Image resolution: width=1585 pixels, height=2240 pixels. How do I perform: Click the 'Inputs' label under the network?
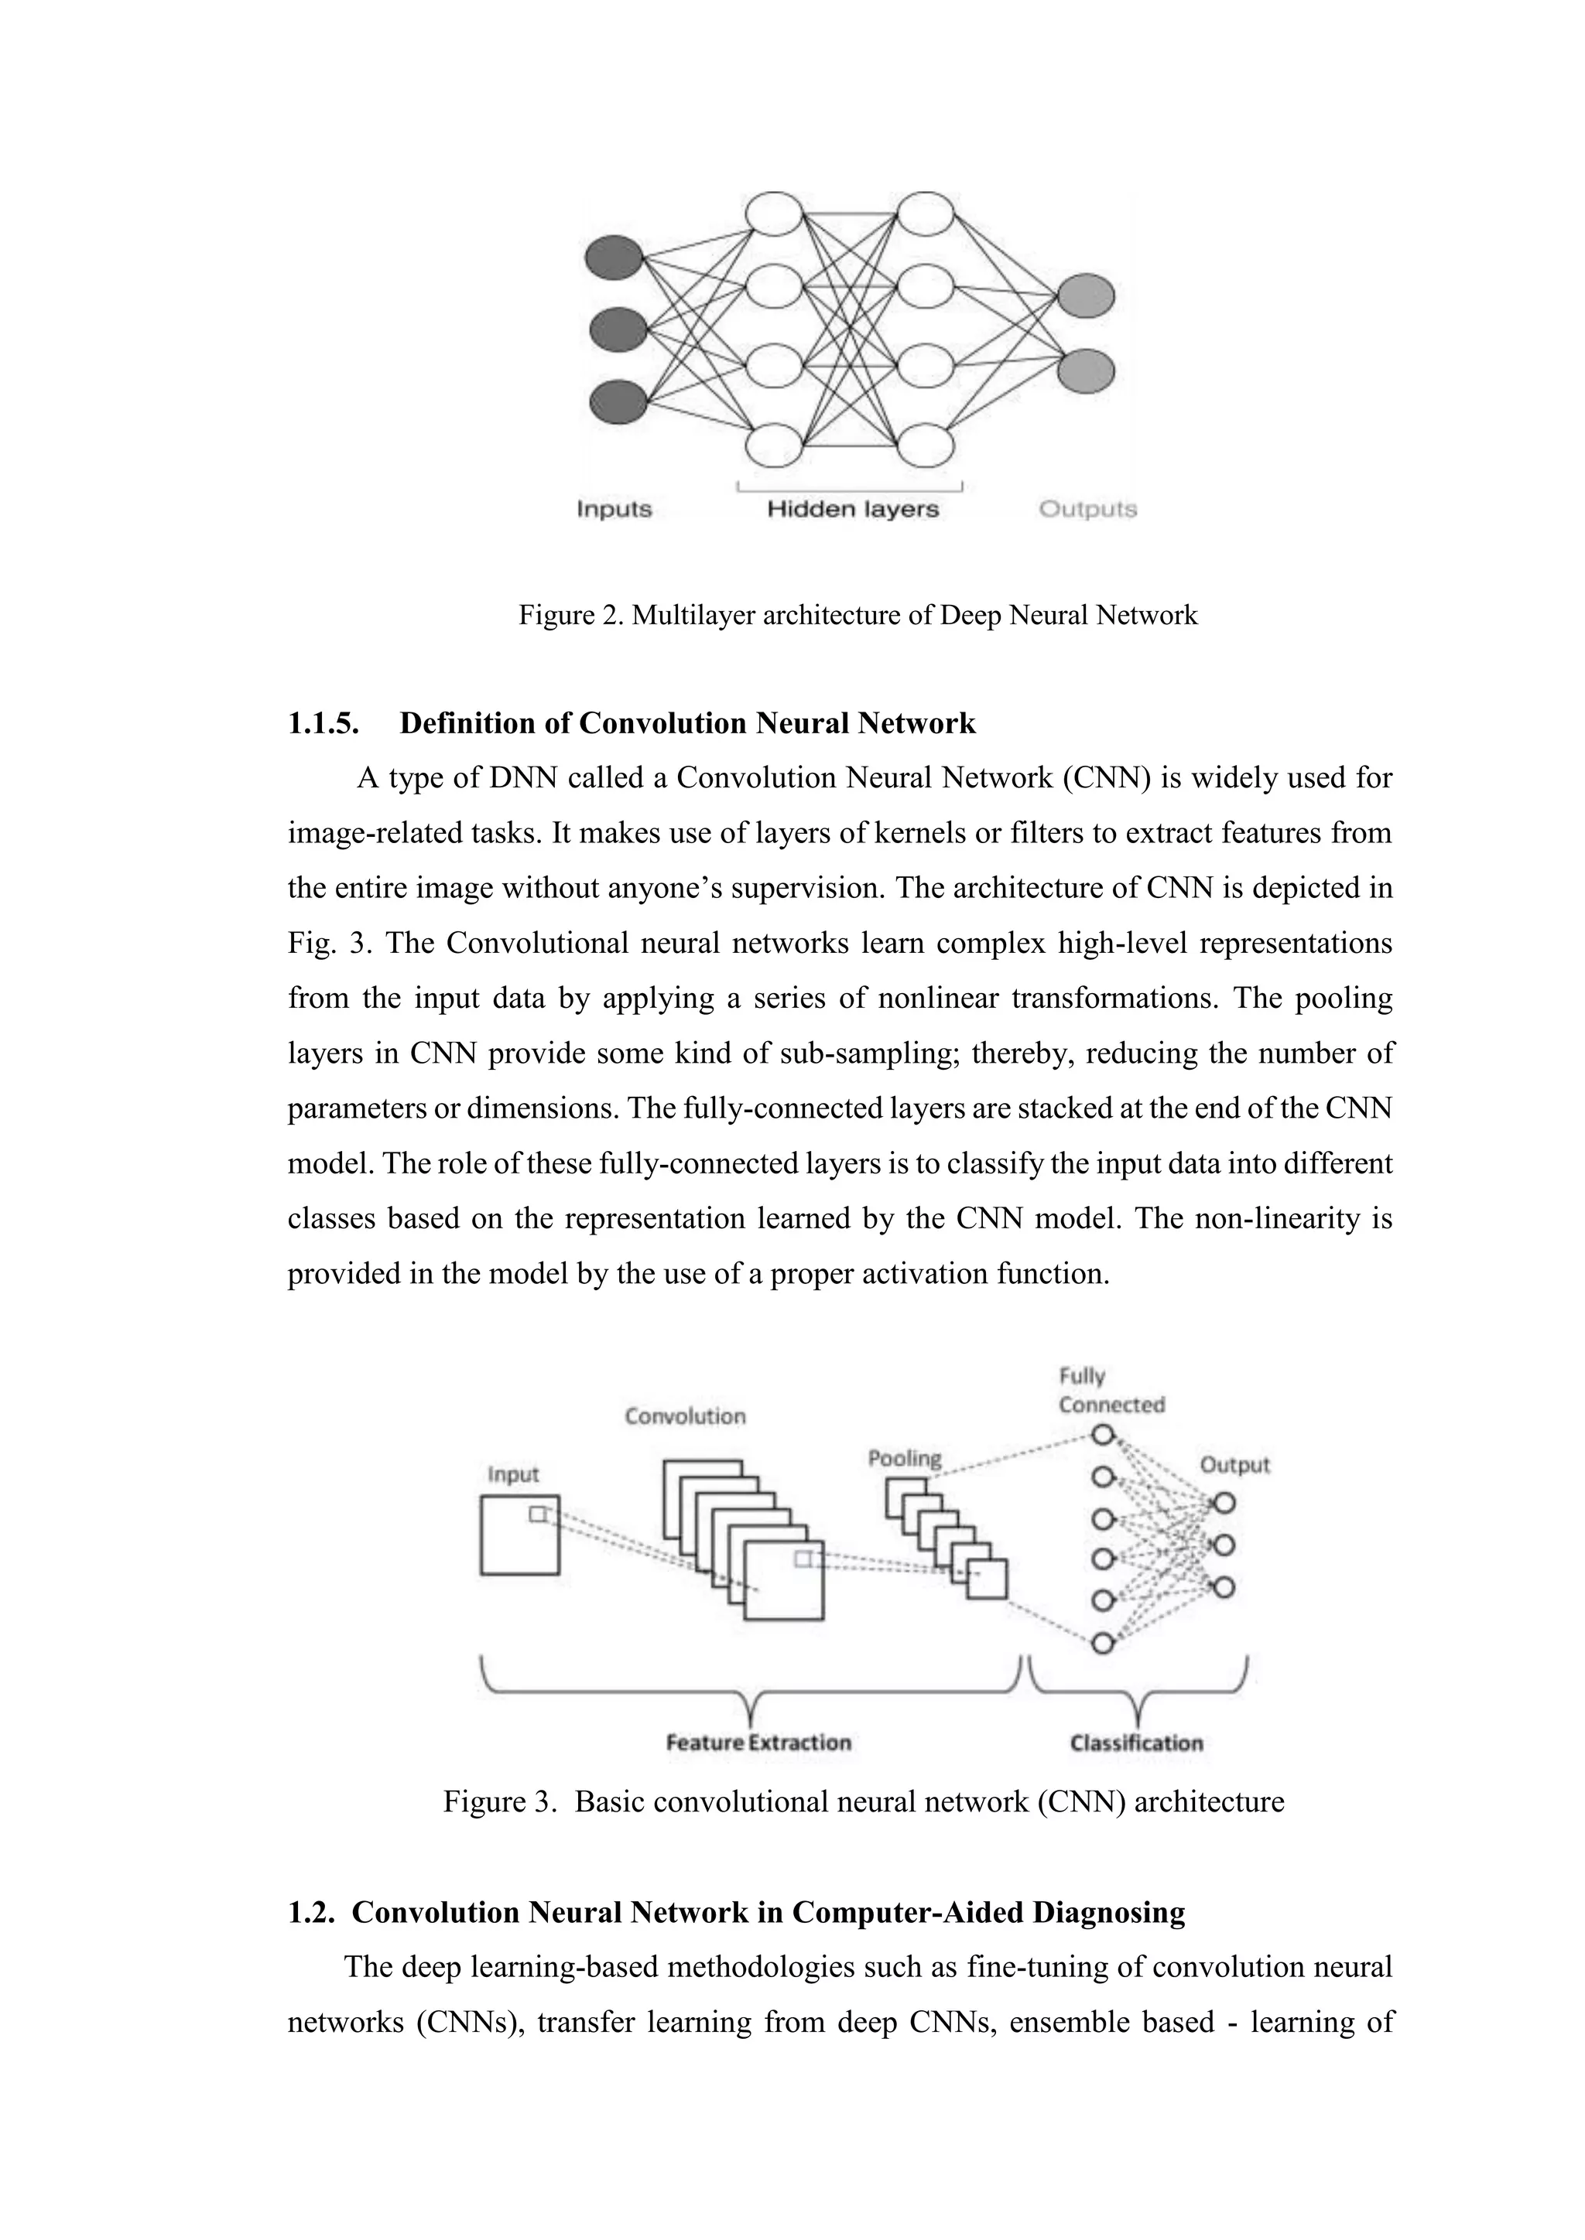point(614,509)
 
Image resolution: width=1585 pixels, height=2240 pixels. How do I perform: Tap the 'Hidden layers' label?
point(852,509)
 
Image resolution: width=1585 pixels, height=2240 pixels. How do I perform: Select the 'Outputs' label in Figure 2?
point(1087,509)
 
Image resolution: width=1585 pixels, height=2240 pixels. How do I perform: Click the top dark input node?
point(614,258)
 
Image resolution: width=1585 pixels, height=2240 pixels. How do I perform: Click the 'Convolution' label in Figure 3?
point(685,1416)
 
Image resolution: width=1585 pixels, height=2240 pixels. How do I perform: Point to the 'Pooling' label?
point(905,1459)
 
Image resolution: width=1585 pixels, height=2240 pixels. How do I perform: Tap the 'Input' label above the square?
point(513,1475)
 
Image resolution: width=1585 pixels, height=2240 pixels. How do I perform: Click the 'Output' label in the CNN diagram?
point(1234,1466)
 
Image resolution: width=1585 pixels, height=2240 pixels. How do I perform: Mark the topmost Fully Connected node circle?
point(1103,1435)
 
